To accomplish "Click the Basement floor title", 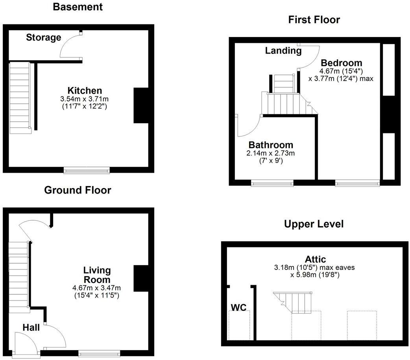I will pyautogui.click(x=78, y=7).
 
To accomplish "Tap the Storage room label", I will pyautogui.click(x=44, y=38).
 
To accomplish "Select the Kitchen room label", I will pyautogui.click(x=85, y=90).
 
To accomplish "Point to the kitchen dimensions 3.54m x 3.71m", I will pyautogui.click(x=85, y=99).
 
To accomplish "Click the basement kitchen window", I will pyautogui.click(x=87, y=170).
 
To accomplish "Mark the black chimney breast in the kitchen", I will pyautogui.click(x=140, y=105).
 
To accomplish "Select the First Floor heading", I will pyautogui.click(x=314, y=20).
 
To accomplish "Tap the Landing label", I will pyautogui.click(x=283, y=51).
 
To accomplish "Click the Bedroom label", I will pyautogui.click(x=341, y=63).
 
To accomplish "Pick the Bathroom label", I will pyautogui.click(x=271, y=145).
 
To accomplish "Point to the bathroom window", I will pyautogui.click(x=272, y=183).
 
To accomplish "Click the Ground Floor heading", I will pyautogui.click(x=78, y=190).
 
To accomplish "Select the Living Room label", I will pyautogui.click(x=97, y=275).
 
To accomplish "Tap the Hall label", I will pyautogui.click(x=31, y=327).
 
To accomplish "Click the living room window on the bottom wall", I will pyautogui.click(x=99, y=353).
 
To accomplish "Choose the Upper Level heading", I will pyautogui.click(x=314, y=224).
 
